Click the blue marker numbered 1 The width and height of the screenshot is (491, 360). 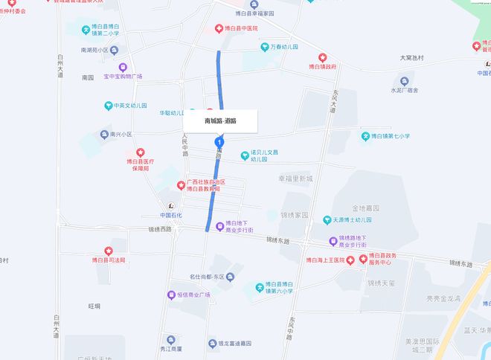219,141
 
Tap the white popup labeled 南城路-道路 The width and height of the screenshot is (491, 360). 220,120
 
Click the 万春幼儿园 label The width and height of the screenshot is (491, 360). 283,46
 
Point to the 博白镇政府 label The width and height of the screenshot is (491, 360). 322,66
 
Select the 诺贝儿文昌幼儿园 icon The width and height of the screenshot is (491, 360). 244,155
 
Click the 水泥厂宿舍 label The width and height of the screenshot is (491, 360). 405,90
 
